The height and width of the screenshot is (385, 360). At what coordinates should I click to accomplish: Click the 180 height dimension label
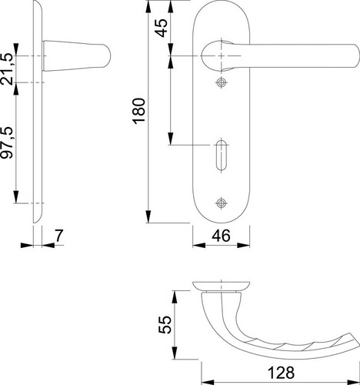pyautogui.click(x=139, y=111)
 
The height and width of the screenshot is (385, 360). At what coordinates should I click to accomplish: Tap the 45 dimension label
pyautogui.click(x=161, y=28)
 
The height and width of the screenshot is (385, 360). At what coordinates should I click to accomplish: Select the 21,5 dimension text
pyautogui.click(x=6, y=69)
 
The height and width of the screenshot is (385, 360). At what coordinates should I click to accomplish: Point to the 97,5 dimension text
pyautogui.click(x=6, y=142)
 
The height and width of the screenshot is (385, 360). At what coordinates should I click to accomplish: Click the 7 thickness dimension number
pyautogui.click(x=59, y=236)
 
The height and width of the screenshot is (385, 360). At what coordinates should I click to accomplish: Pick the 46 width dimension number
pyautogui.click(x=221, y=236)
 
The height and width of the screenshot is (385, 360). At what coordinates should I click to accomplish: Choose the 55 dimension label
pyautogui.click(x=165, y=325)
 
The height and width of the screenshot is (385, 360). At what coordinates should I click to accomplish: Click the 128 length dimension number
pyautogui.click(x=281, y=373)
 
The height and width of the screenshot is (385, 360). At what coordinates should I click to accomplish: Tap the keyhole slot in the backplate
pyautogui.click(x=221, y=155)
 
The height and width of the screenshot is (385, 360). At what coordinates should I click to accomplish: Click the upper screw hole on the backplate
pyautogui.click(x=221, y=82)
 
